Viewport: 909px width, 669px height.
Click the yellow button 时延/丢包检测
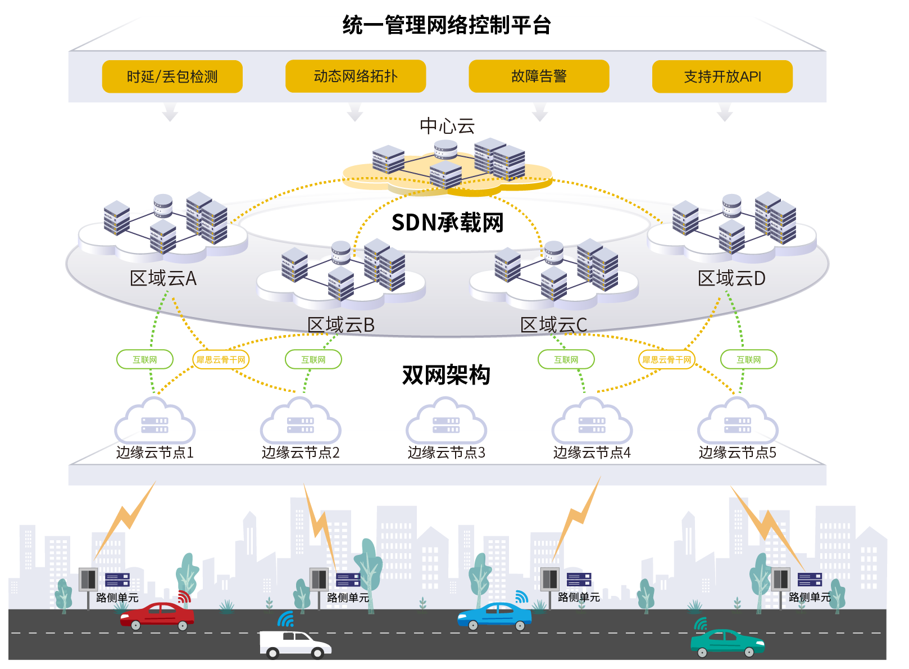[x=172, y=76]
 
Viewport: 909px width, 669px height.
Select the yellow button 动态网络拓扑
[x=355, y=76]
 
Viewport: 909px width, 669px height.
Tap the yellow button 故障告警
[x=539, y=76]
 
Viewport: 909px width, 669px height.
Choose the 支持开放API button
[x=722, y=76]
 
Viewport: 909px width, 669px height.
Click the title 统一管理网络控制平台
[x=447, y=25]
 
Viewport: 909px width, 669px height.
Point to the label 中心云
[x=447, y=126]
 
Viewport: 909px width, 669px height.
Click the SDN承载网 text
[x=447, y=223]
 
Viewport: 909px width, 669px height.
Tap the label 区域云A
[x=163, y=278]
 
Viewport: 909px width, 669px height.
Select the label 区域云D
[x=731, y=278]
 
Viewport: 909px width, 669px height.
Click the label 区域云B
[x=340, y=325]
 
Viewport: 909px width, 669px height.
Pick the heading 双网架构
[x=446, y=375]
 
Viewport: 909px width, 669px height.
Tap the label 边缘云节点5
[x=737, y=453]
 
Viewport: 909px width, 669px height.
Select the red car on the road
[x=157, y=616]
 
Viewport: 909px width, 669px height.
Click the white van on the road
[x=295, y=644]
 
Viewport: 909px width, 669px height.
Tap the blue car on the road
[x=494, y=616]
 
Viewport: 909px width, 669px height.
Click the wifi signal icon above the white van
[x=286, y=620]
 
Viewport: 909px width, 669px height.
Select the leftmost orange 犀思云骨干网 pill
[x=221, y=360]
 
